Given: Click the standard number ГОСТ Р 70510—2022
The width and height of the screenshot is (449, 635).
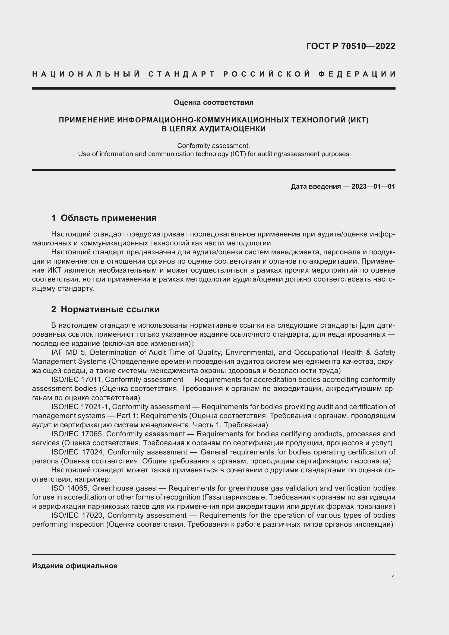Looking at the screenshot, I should coord(350,46).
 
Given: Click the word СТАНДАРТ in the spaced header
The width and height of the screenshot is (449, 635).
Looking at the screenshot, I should coord(182,74).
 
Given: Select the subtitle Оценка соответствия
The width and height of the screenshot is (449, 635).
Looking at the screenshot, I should coord(213,103).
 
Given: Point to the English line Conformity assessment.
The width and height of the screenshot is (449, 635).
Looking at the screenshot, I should coord(213,146).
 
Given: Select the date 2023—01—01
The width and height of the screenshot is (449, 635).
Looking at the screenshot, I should coord(373,187).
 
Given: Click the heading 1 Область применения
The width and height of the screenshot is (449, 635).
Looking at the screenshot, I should coord(104,218).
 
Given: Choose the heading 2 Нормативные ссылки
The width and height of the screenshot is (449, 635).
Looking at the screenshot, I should coord(105,309).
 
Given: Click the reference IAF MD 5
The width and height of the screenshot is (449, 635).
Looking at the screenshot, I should coord(69,353).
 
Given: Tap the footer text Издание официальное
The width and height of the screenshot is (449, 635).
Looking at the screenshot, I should coord(75,566).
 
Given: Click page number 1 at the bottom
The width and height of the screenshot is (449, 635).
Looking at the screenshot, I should coord(393,578).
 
